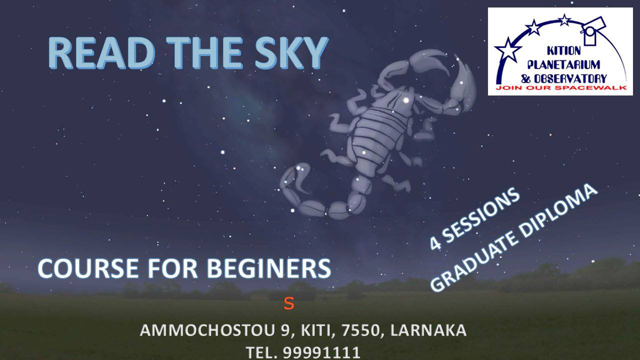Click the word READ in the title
click(x=101, y=53)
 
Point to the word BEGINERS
click(x=269, y=269)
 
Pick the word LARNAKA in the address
click(x=428, y=330)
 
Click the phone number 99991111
click(x=322, y=353)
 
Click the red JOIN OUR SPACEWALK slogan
click(x=561, y=88)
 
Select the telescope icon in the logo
click(x=593, y=30)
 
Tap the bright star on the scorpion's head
click(x=406, y=100)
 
